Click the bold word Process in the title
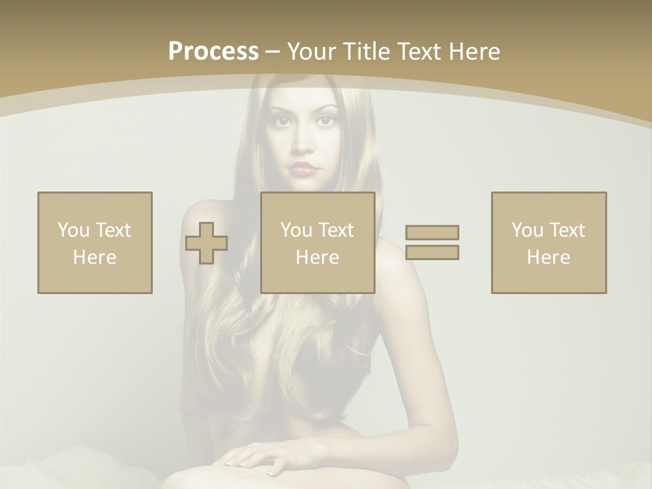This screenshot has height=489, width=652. (213, 52)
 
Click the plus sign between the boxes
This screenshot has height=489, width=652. (206, 243)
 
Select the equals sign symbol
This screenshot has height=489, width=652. (432, 242)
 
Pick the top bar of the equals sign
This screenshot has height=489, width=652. (432, 232)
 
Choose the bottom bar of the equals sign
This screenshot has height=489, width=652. (432, 252)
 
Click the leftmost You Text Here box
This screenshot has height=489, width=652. (95, 242)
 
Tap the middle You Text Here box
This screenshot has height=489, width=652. (317, 242)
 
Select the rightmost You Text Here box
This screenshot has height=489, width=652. (549, 242)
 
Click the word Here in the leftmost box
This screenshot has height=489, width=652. (95, 257)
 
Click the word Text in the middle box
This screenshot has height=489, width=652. (336, 230)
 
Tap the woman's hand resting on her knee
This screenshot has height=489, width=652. (258, 456)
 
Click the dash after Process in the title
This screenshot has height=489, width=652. (272, 52)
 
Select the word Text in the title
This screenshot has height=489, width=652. (416, 52)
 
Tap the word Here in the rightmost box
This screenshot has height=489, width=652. (549, 257)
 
